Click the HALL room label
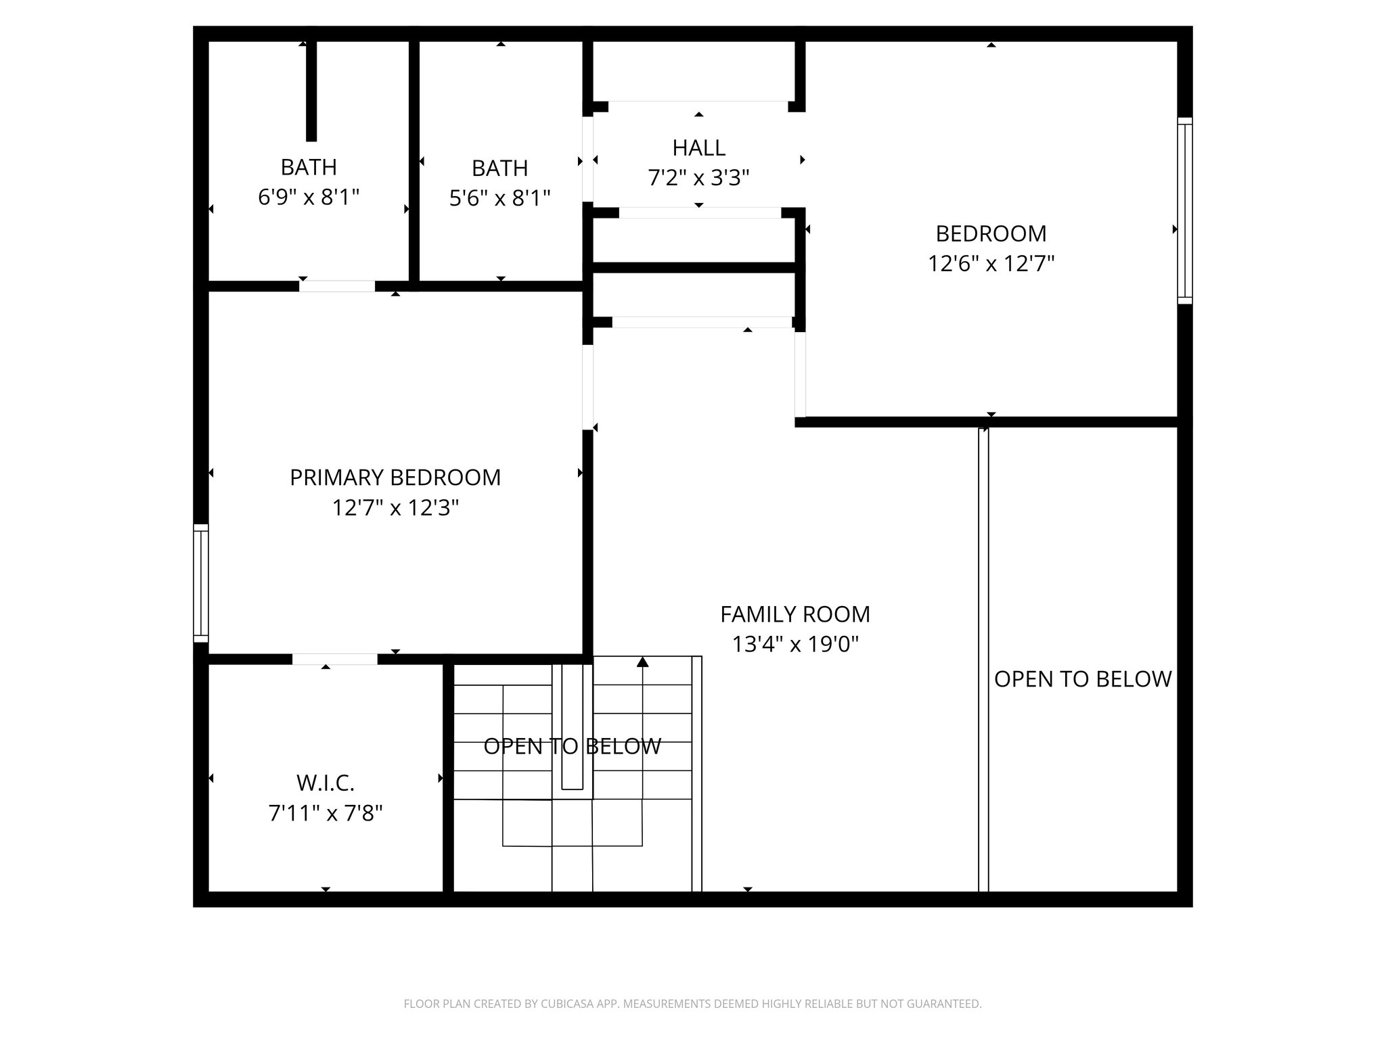pyautogui.click(x=698, y=147)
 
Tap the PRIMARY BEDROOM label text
pyautogui.click(x=395, y=478)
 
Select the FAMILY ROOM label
pyautogui.click(x=795, y=614)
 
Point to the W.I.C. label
pyautogui.click(x=326, y=783)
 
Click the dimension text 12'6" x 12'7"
pyautogui.click(x=991, y=263)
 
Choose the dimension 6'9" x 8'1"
pyautogui.click(x=309, y=198)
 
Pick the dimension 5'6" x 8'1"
pyautogui.click(x=499, y=198)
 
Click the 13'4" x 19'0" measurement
pyautogui.click(x=795, y=645)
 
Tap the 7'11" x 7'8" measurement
pyautogui.click(x=326, y=813)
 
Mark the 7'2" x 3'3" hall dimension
pyautogui.click(x=698, y=178)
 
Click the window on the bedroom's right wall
pyautogui.click(x=1184, y=210)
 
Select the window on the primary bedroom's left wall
pyautogui.click(x=201, y=582)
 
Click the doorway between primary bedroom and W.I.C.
pyautogui.click(x=335, y=660)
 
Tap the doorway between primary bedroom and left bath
pyautogui.click(x=337, y=286)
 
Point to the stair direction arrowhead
pyautogui.click(x=642, y=662)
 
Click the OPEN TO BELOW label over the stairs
pyautogui.click(x=572, y=746)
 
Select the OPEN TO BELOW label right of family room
pyautogui.click(x=1083, y=679)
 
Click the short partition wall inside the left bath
pyautogui.click(x=311, y=91)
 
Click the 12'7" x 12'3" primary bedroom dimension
pyautogui.click(x=395, y=508)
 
